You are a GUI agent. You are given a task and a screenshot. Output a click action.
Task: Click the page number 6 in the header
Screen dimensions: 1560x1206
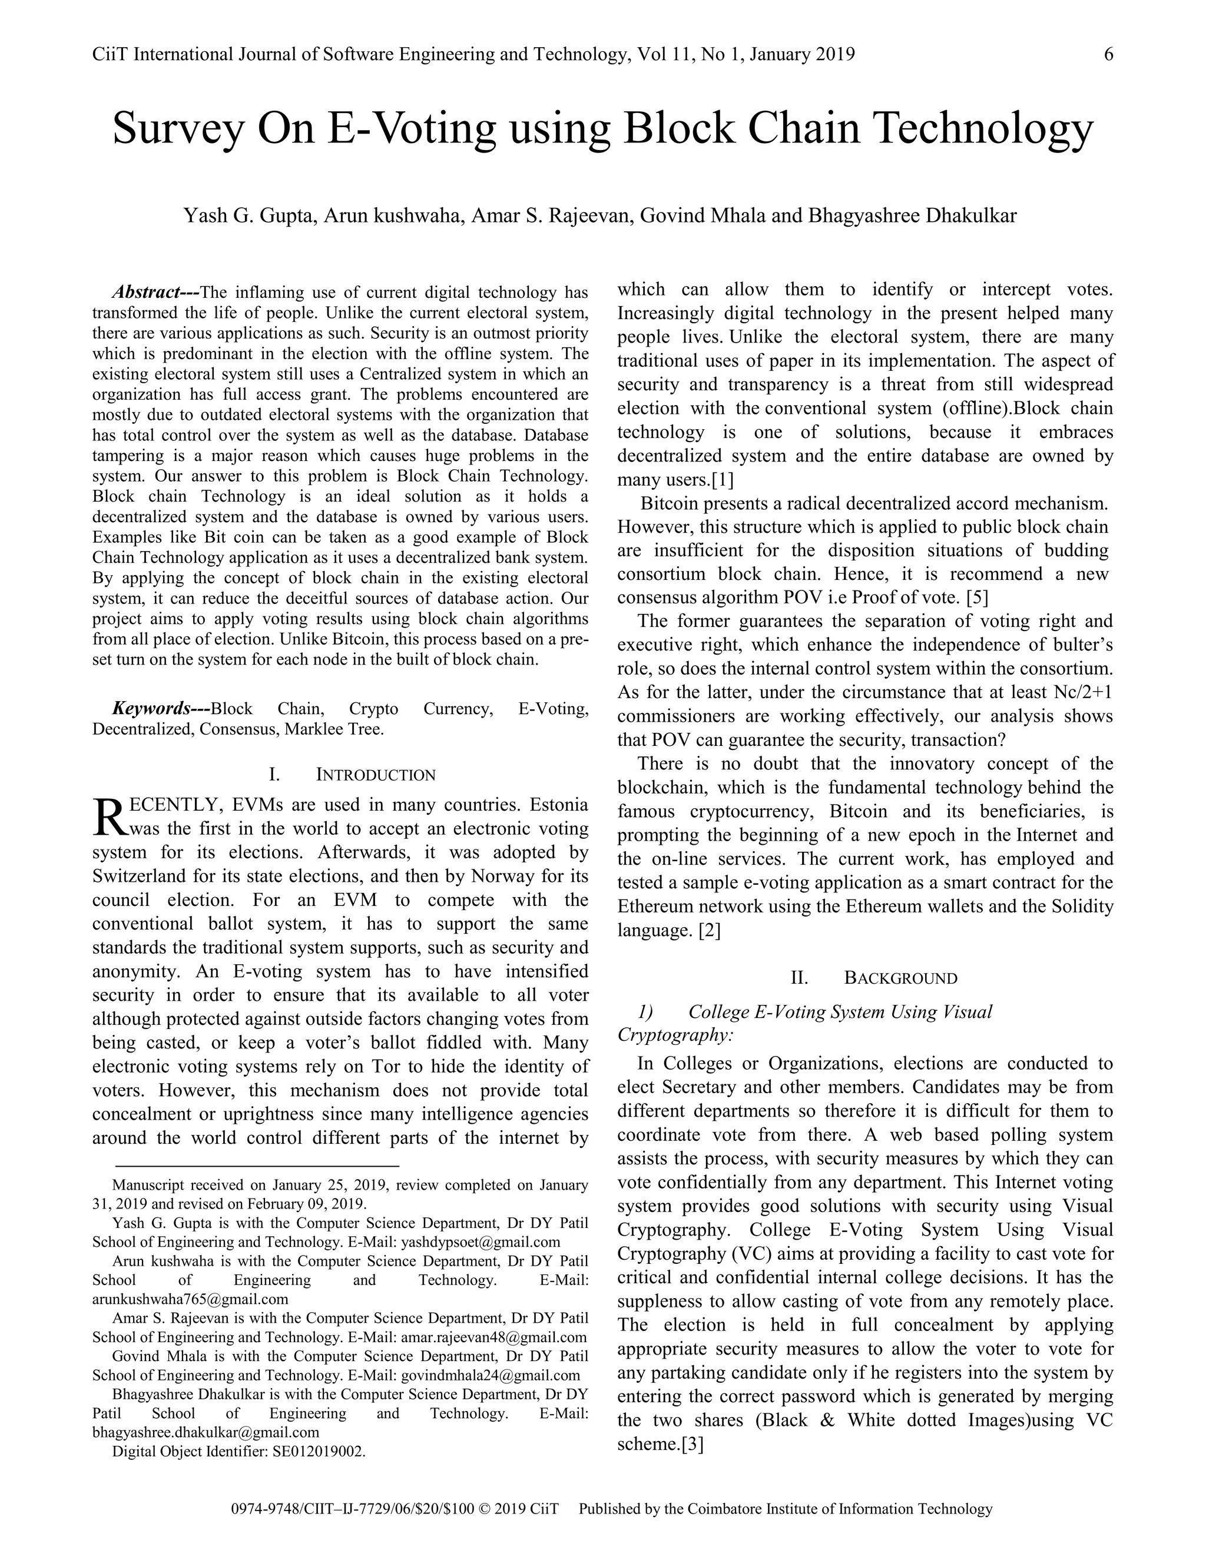tap(1108, 54)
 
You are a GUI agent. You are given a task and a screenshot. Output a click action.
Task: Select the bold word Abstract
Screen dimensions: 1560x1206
tap(146, 292)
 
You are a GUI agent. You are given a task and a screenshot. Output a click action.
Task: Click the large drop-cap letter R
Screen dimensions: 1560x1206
tap(108, 817)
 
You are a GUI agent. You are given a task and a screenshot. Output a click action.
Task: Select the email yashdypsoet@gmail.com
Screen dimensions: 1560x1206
tap(481, 1242)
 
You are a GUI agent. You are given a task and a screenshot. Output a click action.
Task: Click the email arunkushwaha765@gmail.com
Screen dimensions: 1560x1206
tap(190, 1299)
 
